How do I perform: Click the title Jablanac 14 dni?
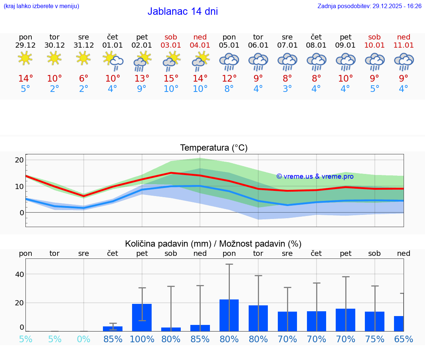[x=183, y=11]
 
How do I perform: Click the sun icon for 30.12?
[x=54, y=58]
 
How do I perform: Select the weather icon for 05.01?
[x=229, y=61]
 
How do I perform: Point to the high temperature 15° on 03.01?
[x=171, y=79]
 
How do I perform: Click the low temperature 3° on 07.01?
[x=287, y=89]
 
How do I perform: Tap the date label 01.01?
[x=113, y=45]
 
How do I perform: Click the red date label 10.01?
[x=374, y=45]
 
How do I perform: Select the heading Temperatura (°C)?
[x=214, y=148]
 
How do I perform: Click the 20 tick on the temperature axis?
[x=20, y=160]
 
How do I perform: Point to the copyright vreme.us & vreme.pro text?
[x=315, y=176]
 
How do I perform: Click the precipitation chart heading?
[x=213, y=244]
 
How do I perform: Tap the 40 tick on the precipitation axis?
[x=20, y=274]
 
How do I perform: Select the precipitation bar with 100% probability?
[x=142, y=318]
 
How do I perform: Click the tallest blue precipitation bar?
[x=229, y=315]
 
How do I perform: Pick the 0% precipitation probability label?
[x=84, y=339]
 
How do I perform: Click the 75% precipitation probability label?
[x=374, y=339]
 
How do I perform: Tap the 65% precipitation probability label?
[x=403, y=339]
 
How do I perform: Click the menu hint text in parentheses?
[x=41, y=6]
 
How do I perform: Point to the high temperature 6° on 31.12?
[x=84, y=79]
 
